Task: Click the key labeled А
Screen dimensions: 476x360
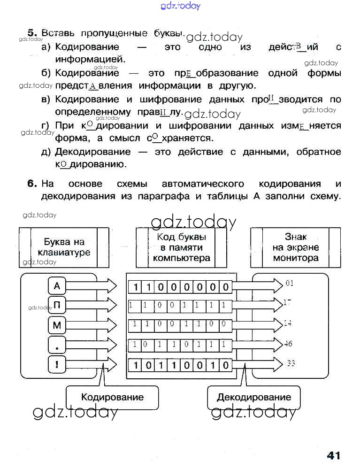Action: point(57,285)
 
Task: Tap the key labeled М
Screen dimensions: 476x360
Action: point(57,325)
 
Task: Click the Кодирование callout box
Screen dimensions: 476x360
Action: point(112,397)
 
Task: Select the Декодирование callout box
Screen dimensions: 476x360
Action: point(253,397)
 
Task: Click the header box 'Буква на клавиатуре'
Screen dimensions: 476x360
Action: point(64,247)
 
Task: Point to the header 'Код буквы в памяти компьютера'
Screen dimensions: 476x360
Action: point(181,247)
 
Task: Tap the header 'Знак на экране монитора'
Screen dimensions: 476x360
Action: point(296,247)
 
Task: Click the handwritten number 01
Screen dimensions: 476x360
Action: point(290,283)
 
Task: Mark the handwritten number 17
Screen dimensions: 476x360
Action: point(288,303)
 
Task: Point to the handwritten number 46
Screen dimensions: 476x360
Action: point(288,344)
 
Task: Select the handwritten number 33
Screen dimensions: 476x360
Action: point(291,363)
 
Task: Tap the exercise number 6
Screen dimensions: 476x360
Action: point(32,184)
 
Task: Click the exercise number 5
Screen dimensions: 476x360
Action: point(32,33)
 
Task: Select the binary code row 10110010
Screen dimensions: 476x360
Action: point(180,365)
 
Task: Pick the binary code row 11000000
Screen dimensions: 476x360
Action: point(180,286)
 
